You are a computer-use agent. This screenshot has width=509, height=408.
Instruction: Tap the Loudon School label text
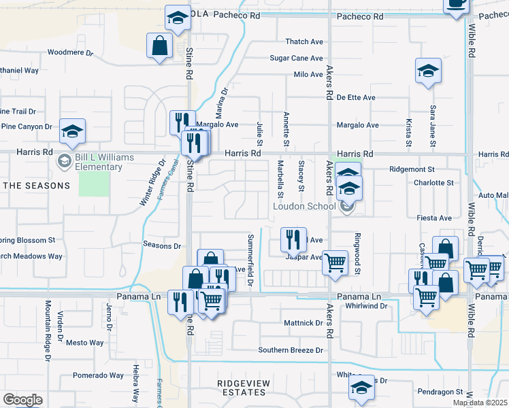[304, 206]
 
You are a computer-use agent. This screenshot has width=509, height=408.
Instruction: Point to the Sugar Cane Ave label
[296, 58]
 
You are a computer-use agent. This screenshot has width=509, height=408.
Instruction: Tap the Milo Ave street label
[308, 75]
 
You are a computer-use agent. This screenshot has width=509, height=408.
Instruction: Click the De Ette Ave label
[356, 98]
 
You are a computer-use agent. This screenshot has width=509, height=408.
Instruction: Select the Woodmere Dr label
[70, 52]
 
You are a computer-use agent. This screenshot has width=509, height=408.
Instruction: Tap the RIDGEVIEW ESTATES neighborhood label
[242, 388]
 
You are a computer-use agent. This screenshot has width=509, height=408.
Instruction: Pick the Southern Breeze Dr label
[290, 350]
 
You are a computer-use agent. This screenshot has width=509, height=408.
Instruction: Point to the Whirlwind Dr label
[366, 307]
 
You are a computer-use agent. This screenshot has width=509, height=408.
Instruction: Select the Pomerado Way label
[98, 375]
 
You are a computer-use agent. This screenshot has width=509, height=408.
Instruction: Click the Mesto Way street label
[84, 343]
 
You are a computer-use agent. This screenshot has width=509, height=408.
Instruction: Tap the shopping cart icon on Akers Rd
[335, 262]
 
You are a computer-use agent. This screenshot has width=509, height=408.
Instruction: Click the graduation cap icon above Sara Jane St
[428, 70]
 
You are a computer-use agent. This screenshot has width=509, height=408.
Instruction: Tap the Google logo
[23, 400]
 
